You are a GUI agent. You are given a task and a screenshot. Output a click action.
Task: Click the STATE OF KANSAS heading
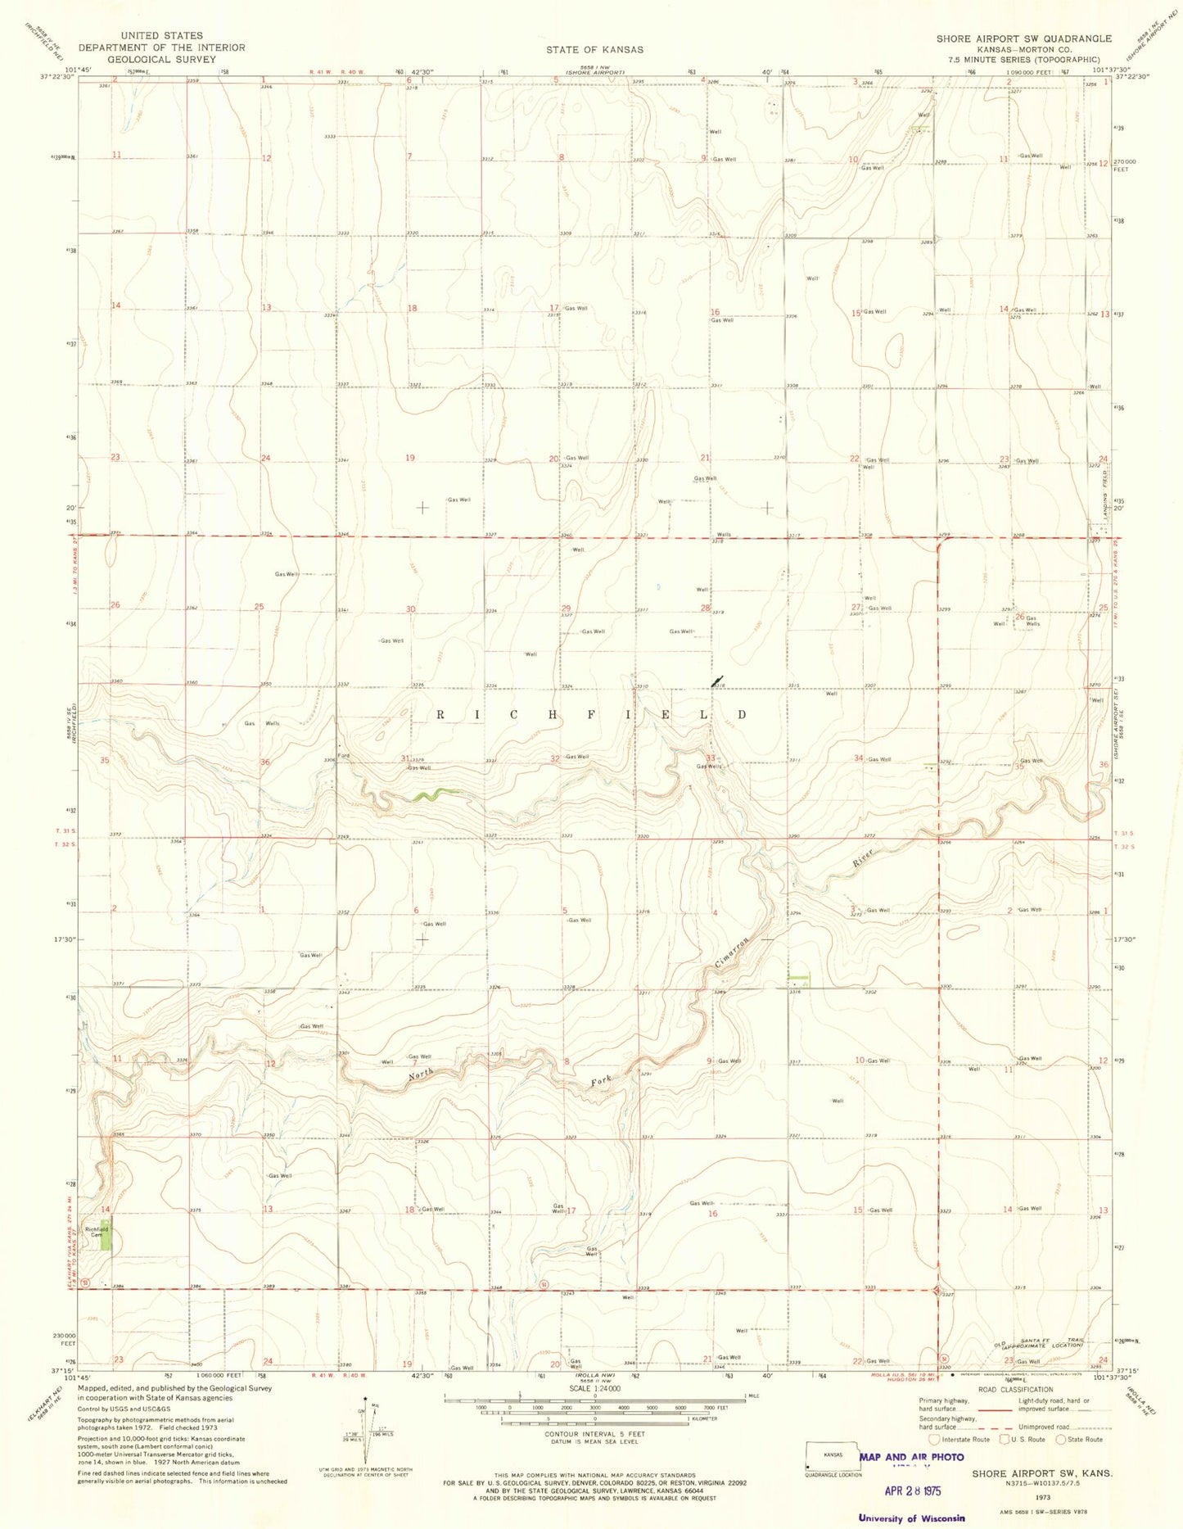[594, 49]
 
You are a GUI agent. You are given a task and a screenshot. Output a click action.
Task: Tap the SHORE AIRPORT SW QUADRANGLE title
[1024, 38]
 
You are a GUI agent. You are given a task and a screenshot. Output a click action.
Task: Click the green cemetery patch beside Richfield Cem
[106, 1237]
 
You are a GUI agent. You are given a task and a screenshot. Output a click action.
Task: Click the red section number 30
[411, 609]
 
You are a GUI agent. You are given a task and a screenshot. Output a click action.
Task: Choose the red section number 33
[711, 758]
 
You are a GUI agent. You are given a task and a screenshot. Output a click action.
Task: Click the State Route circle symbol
[1061, 1439]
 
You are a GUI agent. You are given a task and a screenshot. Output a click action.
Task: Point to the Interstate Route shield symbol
[934, 1439]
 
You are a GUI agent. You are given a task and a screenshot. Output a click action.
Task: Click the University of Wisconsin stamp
[911, 1518]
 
